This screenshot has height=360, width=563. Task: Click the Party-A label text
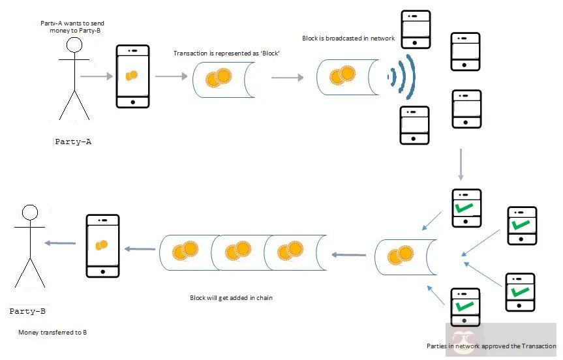72,142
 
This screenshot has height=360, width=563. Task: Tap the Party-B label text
27,311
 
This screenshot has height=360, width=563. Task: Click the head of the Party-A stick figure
74,45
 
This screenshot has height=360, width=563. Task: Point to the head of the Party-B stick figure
29,213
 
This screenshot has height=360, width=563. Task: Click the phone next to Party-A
132,76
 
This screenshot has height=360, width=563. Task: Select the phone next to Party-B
103,245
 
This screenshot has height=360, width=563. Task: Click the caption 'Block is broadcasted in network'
348,38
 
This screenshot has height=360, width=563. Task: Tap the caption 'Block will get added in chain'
231,298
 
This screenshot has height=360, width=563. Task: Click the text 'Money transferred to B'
52,333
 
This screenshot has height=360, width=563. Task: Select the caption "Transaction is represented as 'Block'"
227,53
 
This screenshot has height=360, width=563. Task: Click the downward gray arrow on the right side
461,164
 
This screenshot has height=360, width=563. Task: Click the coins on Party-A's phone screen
132,76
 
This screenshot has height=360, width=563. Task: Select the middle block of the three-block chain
237,251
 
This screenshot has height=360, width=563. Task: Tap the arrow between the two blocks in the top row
287,78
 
